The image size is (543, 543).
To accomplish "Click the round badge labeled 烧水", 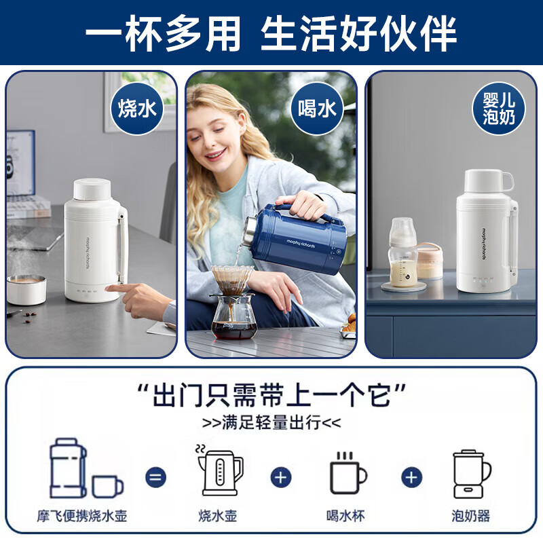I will tap(138, 109).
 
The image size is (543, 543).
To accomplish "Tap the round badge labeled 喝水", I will tap(318, 109).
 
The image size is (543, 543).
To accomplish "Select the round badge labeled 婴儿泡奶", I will tap(499, 109).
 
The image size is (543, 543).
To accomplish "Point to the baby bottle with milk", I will tap(403, 251).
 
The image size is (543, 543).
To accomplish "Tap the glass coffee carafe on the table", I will tap(234, 316).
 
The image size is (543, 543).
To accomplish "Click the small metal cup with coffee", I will tap(26, 289).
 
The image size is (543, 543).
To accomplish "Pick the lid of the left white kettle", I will tap(92, 189).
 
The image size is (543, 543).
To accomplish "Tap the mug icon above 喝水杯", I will tap(348, 473).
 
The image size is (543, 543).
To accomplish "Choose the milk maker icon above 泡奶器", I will tap(472, 473).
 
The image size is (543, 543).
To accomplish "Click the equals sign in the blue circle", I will tap(155, 477).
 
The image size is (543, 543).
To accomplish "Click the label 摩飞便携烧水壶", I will tap(82, 516).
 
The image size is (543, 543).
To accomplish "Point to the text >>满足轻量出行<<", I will tap(271, 423).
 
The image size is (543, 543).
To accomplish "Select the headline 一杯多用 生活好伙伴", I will tap(271, 32).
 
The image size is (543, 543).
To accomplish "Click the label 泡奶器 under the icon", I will tap(472, 516).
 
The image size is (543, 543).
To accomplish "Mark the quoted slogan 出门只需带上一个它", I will tap(271, 394).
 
